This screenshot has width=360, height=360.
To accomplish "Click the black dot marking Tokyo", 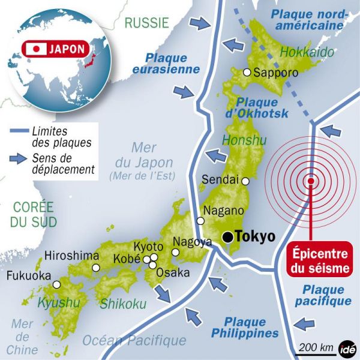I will click(x=227, y=236).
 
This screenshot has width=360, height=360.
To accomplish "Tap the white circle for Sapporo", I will click(x=247, y=73).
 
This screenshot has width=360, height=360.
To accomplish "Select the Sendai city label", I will click(x=220, y=179).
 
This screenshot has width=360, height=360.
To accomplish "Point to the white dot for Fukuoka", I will click(x=56, y=284).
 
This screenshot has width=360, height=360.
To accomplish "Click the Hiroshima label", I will click(x=71, y=255).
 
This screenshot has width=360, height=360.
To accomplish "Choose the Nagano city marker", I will click(x=200, y=221).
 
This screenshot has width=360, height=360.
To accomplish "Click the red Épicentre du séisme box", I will click(x=320, y=259).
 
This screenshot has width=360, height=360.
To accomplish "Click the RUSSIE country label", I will click(x=146, y=23).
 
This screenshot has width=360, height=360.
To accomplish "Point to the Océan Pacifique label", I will click(x=134, y=340).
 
